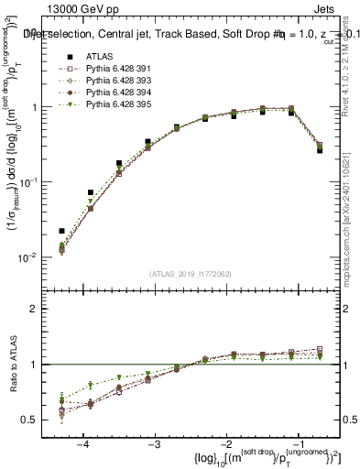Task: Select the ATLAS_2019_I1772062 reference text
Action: click(191, 275)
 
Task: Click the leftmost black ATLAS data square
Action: click(61, 231)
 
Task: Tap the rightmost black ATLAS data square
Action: click(320, 149)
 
